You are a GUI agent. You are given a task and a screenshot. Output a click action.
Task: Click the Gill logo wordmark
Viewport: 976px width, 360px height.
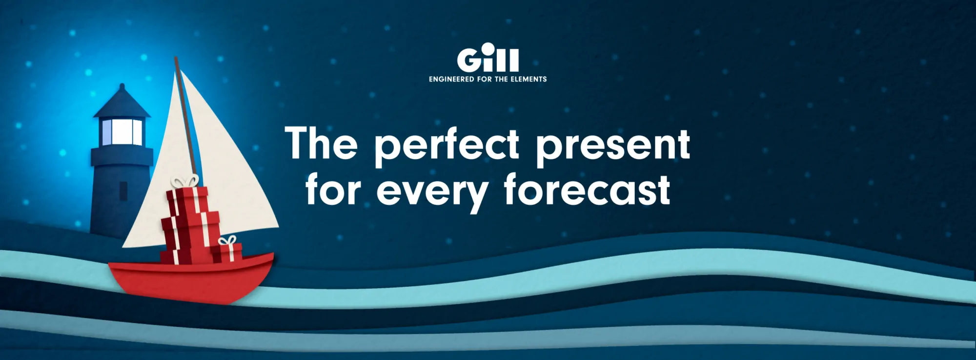(488, 58)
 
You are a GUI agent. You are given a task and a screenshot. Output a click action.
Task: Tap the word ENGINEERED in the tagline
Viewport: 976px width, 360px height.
(451, 79)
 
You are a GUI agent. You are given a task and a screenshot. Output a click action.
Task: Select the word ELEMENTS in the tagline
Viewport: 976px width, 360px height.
(529, 79)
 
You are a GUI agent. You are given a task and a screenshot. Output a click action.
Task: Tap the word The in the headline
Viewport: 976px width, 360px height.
(322, 143)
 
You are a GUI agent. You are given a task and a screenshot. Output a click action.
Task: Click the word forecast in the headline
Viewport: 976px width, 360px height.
(587, 189)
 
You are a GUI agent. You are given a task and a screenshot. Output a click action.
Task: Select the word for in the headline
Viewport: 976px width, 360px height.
(333, 189)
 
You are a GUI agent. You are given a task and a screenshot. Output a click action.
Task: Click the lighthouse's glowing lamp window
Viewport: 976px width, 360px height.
(122, 132)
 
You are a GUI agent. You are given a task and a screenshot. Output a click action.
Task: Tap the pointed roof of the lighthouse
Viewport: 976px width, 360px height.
(122, 101)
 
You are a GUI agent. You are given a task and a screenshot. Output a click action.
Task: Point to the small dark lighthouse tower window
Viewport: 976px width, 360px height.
(123, 191)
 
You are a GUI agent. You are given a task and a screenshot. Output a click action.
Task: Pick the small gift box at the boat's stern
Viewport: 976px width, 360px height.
(226, 250)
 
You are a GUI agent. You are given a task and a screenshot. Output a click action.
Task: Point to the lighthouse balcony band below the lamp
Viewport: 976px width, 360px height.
(122, 156)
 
